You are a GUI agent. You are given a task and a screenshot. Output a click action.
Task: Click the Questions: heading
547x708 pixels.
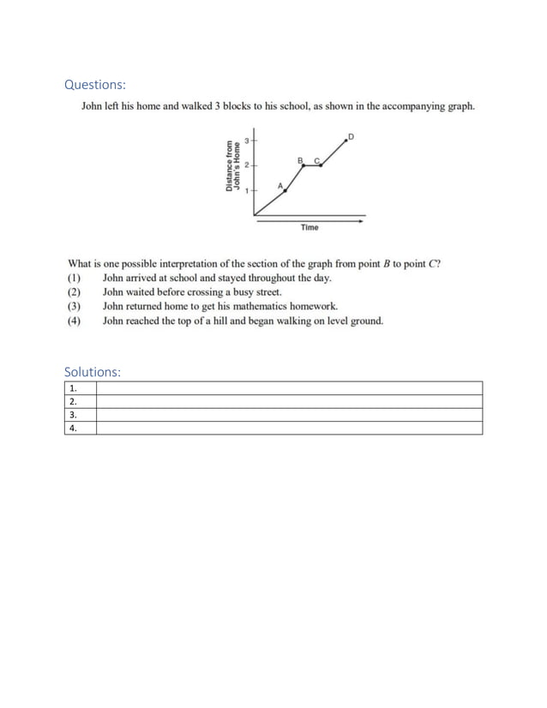point(95,84)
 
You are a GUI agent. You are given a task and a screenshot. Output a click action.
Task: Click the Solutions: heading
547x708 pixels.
point(93,371)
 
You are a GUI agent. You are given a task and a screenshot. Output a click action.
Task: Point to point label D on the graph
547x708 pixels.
point(350,136)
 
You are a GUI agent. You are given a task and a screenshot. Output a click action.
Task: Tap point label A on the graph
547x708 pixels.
point(280,185)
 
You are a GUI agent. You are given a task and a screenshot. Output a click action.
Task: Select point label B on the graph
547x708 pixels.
point(300,159)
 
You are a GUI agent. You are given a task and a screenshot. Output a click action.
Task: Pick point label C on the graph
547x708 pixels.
point(316,159)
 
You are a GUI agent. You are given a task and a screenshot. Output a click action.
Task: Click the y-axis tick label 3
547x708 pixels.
point(247,140)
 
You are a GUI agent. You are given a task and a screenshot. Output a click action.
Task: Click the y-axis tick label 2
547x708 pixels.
point(247,165)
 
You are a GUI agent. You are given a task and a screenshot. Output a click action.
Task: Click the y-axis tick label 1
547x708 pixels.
point(247,190)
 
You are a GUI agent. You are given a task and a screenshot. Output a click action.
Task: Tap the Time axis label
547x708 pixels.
point(310,227)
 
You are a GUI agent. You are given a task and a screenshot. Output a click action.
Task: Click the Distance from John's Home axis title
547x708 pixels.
point(232,165)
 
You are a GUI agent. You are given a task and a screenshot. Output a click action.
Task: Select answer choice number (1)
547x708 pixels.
point(74,278)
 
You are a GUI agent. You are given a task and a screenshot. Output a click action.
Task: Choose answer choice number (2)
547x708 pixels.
point(74,292)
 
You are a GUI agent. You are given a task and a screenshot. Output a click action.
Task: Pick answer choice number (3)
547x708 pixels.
point(74,306)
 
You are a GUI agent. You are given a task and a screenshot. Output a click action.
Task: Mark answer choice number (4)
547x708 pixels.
point(74,321)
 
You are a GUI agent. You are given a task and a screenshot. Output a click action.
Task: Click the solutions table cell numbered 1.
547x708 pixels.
point(80,388)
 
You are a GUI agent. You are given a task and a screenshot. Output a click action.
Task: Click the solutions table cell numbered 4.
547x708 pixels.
point(80,428)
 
